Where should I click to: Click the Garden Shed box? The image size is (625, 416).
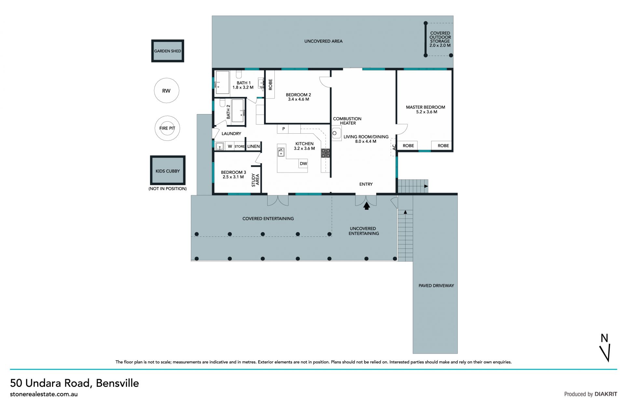click(168, 51)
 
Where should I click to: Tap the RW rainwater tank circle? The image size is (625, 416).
click(167, 91)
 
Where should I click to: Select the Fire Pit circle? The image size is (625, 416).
click(167, 128)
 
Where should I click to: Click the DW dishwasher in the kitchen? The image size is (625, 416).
click(303, 164)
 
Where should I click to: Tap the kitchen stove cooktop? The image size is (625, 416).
click(326, 153)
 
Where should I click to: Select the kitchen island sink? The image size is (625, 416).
click(281, 152)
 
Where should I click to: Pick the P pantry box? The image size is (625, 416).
click(283, 129)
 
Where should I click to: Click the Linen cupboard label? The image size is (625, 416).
click(254, 146)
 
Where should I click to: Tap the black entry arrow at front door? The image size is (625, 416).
click(367, 206)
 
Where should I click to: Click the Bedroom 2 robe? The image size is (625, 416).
click(270, 85)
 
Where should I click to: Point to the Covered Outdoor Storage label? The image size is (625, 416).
click(440, 39)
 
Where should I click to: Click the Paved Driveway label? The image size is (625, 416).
click(436, 286)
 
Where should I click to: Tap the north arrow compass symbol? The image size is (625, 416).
click(605, 348)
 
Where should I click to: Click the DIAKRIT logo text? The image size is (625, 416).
click(606, 394)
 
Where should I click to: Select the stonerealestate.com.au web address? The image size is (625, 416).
click(44, 394)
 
